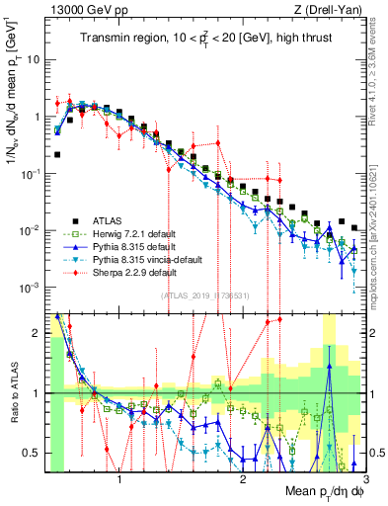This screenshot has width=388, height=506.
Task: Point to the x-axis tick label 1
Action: [118, 481]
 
